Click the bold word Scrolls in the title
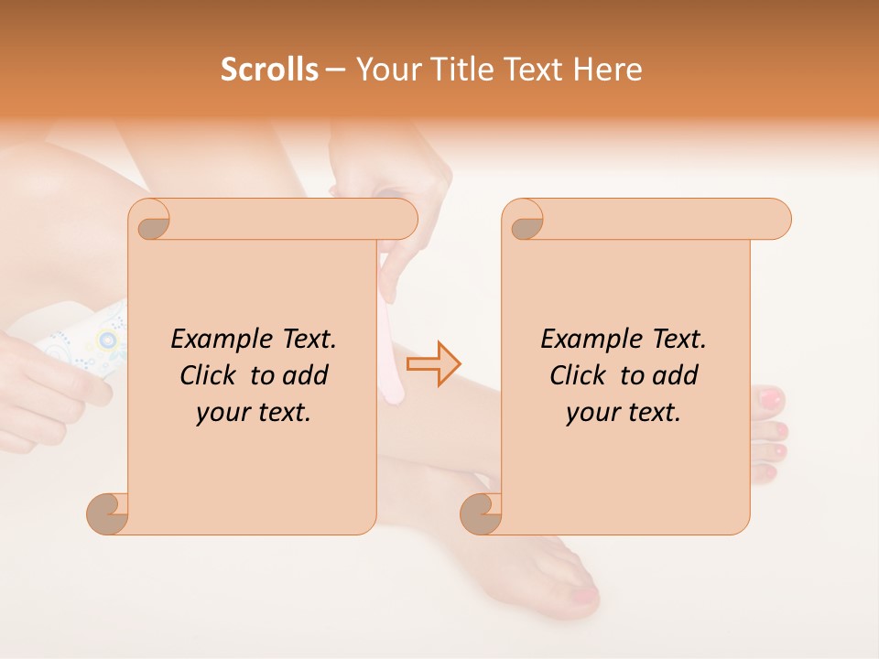tap(269, 70)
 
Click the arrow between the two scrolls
tap(432, 363)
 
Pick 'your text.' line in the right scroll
tap(624, 412)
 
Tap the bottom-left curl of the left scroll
tap(108, 513)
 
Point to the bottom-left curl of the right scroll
tap(481, 513)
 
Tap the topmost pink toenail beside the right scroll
tap(771, 397)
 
